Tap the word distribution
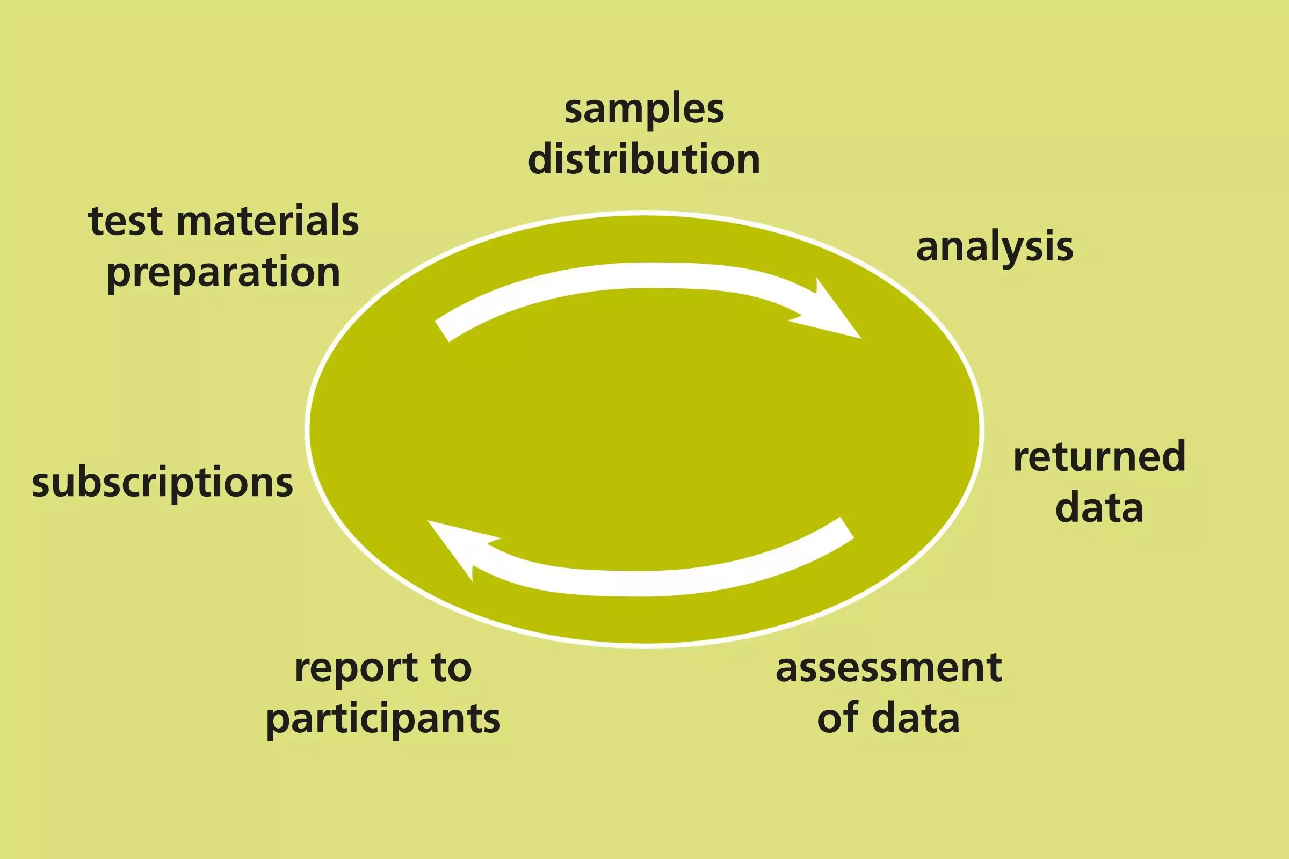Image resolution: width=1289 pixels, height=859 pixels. [x=644, y=160]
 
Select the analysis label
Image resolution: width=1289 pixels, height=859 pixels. [x=994, y=247]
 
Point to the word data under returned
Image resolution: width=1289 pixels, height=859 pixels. [x=1099, y=508]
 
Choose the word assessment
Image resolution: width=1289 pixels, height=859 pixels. [x=888, y=668]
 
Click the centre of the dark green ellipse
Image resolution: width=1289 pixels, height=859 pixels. [x=644, y=429]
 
